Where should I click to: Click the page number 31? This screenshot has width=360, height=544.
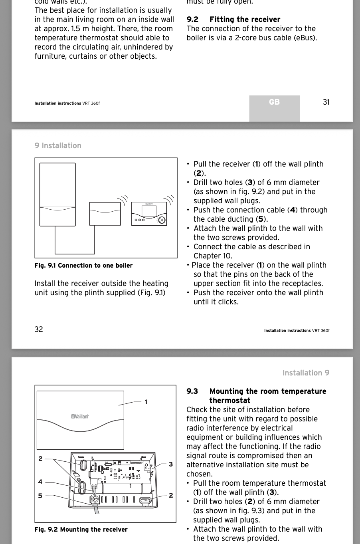click(326, 102)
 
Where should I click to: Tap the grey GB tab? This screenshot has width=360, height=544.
click(274, 102)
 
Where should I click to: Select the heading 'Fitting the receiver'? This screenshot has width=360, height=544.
click(245, 20)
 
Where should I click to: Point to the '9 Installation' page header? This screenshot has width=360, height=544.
click(58, 146)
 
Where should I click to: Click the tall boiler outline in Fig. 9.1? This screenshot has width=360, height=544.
click(57, 195)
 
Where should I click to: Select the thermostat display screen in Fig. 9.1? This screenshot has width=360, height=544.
click(148, 210)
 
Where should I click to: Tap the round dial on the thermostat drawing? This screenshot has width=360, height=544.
click(161, 220)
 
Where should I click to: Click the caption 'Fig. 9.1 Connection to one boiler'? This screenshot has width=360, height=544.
click(83, 266)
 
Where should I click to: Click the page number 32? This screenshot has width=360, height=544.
click(39, 330)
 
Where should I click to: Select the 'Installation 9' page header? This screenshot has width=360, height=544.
click(306, 373)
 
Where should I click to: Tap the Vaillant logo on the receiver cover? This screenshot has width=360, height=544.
click(80, 417)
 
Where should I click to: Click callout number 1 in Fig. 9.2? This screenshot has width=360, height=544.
click(146, 402)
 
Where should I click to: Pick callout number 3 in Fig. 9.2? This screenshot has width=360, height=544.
click(171, 464)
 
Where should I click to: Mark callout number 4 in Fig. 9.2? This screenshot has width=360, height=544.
click(40, 482)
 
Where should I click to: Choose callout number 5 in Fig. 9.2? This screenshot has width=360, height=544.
click(40, 496)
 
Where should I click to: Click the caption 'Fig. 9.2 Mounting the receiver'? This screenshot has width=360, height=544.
click(81, 530)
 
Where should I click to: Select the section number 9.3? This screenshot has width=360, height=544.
click(192, 391)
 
